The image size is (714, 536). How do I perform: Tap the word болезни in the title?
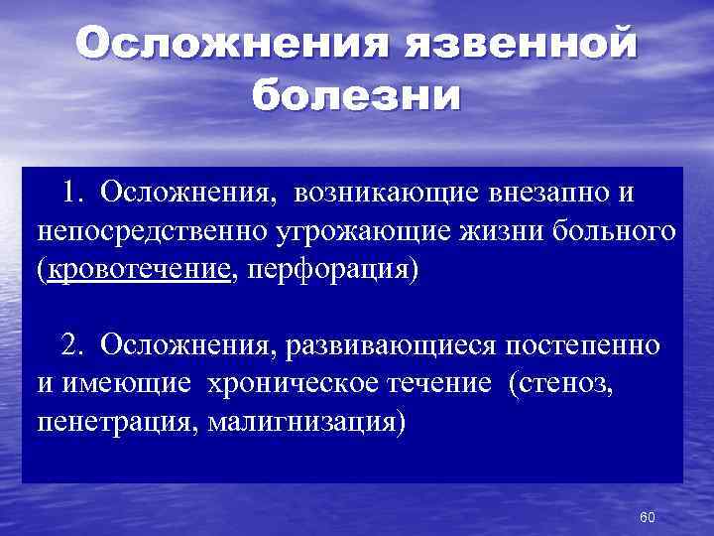pyautogui.click(x=356, y=96)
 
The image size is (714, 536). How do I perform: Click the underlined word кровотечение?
pyautogui.click(x=138, y=271)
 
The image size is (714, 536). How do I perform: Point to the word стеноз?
pyautogui.click(x=569, y=383)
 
